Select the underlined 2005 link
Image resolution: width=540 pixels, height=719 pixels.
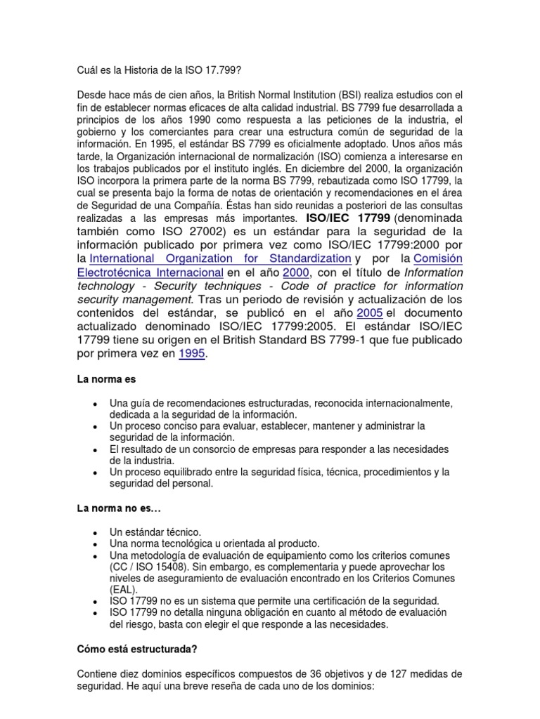point(370,312)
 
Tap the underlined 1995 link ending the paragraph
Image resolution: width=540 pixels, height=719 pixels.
point(192,353)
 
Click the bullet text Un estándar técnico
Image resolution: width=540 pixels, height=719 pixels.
point(155,532)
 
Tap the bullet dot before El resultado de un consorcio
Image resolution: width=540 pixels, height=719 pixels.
point(95,449)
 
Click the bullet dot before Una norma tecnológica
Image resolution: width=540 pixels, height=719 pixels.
point(95,544)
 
